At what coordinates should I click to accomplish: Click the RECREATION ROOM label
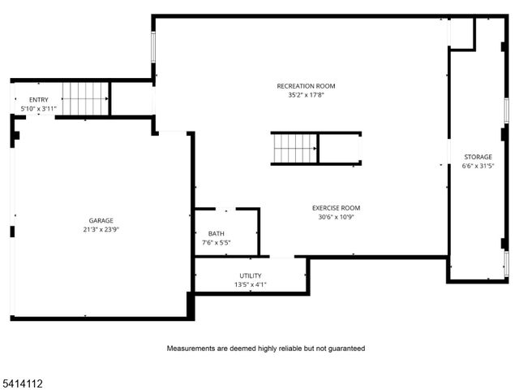coord(305,86)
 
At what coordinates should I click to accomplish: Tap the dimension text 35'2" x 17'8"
coord(305,95)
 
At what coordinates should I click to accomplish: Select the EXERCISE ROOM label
coord(336,208)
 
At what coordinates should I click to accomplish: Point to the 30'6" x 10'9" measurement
coord(336,217)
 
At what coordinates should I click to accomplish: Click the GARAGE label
coord(101,220)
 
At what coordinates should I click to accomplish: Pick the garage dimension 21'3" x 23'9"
coord(101,230)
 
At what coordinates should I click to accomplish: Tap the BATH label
coord(217,233)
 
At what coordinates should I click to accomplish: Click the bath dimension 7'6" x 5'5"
coord(217,242)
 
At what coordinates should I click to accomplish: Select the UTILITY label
coord(250,275)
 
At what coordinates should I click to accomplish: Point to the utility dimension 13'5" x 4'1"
coord(250,284)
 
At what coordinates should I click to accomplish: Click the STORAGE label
coord(478,157)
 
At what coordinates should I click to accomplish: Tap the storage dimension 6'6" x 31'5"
coord(478,166)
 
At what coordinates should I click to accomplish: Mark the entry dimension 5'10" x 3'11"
coord(38,108)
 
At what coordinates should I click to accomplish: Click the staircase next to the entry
coord(85,98)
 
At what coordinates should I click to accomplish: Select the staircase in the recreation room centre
coord(294,148)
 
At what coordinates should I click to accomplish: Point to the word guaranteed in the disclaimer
coord(344,349)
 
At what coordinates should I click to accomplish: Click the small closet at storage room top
coord(462,33)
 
